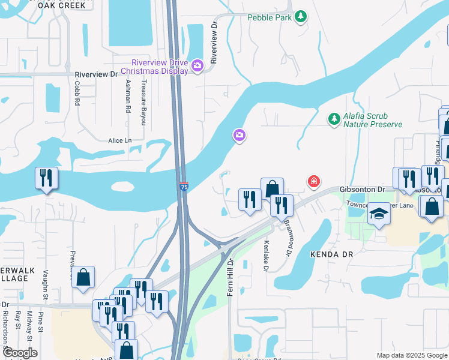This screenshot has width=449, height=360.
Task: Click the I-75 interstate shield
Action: pos(184,187)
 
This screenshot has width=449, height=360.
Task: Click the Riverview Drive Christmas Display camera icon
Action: pos(198,65)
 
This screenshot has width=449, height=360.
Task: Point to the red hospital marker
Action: pos(313,181)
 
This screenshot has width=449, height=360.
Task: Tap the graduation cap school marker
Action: pos(379,214)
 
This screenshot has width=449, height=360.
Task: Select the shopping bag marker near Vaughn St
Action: pos(83,277)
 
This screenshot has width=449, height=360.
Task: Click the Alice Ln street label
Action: pos(119,140)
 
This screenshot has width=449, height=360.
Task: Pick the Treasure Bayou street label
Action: pos(143,103)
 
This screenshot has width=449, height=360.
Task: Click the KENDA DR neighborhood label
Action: pos(332,254)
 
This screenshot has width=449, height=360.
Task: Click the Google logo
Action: pos(20,353)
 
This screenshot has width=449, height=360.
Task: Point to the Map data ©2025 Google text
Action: pos(411,355)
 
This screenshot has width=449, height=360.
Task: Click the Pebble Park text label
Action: pos(270,17)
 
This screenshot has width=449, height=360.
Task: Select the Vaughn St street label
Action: pos(46,288)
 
